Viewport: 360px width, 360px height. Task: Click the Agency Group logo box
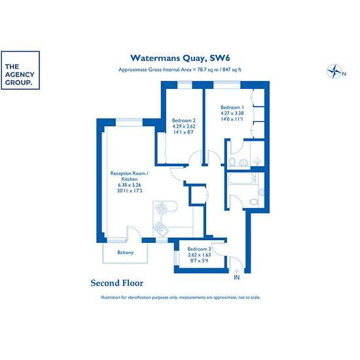(20, 70)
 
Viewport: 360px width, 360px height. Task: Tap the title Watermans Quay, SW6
(180, 58)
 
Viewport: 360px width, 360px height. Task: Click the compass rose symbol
(334, 71)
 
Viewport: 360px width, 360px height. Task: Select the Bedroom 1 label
(232, 107)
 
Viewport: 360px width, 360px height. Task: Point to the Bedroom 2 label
(184, 120)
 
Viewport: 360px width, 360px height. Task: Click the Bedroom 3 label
(199, 249)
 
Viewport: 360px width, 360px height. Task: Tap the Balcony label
(126, 252)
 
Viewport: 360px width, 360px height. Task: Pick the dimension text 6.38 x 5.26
(130, 185)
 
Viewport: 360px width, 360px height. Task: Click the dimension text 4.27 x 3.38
(232, 113)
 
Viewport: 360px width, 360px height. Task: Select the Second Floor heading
(117, 283)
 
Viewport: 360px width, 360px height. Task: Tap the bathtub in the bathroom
(242, 179)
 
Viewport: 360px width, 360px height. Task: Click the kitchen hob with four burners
(161, 207)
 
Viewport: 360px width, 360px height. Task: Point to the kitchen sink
(161, 229)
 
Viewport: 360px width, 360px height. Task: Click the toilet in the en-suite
(232, 162)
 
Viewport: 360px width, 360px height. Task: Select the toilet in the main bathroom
(254, 202)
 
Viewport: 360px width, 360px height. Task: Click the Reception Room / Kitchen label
(129, 176)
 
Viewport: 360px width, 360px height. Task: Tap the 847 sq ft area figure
(232, 69)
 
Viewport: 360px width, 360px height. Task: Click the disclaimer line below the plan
(181, 297)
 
